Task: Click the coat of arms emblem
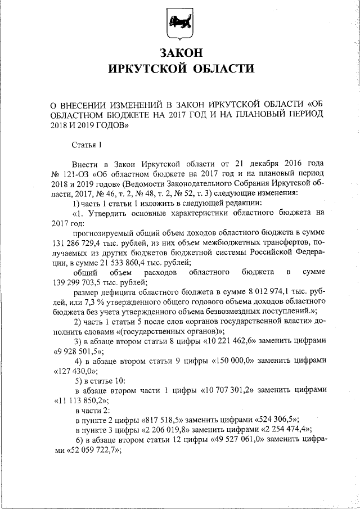(179, 23)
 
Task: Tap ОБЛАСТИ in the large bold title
(220, 69)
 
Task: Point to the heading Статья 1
(87, 145)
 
